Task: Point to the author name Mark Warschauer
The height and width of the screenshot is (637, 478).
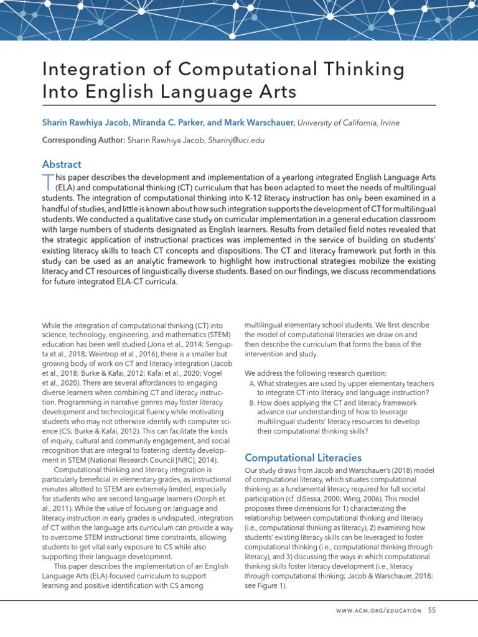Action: click(260, 124)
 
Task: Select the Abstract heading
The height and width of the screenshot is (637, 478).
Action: click(62, 164)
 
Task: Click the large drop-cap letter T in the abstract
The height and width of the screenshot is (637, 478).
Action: click(48, 183)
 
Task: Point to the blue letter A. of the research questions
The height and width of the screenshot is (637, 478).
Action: click(251, 384)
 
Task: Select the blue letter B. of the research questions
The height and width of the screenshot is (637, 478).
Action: click(251, 403)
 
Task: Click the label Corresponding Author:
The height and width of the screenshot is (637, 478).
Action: click(83, 140)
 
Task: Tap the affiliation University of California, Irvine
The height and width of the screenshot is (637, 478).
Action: click(349, 124)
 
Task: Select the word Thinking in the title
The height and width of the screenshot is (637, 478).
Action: click(360, 69)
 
